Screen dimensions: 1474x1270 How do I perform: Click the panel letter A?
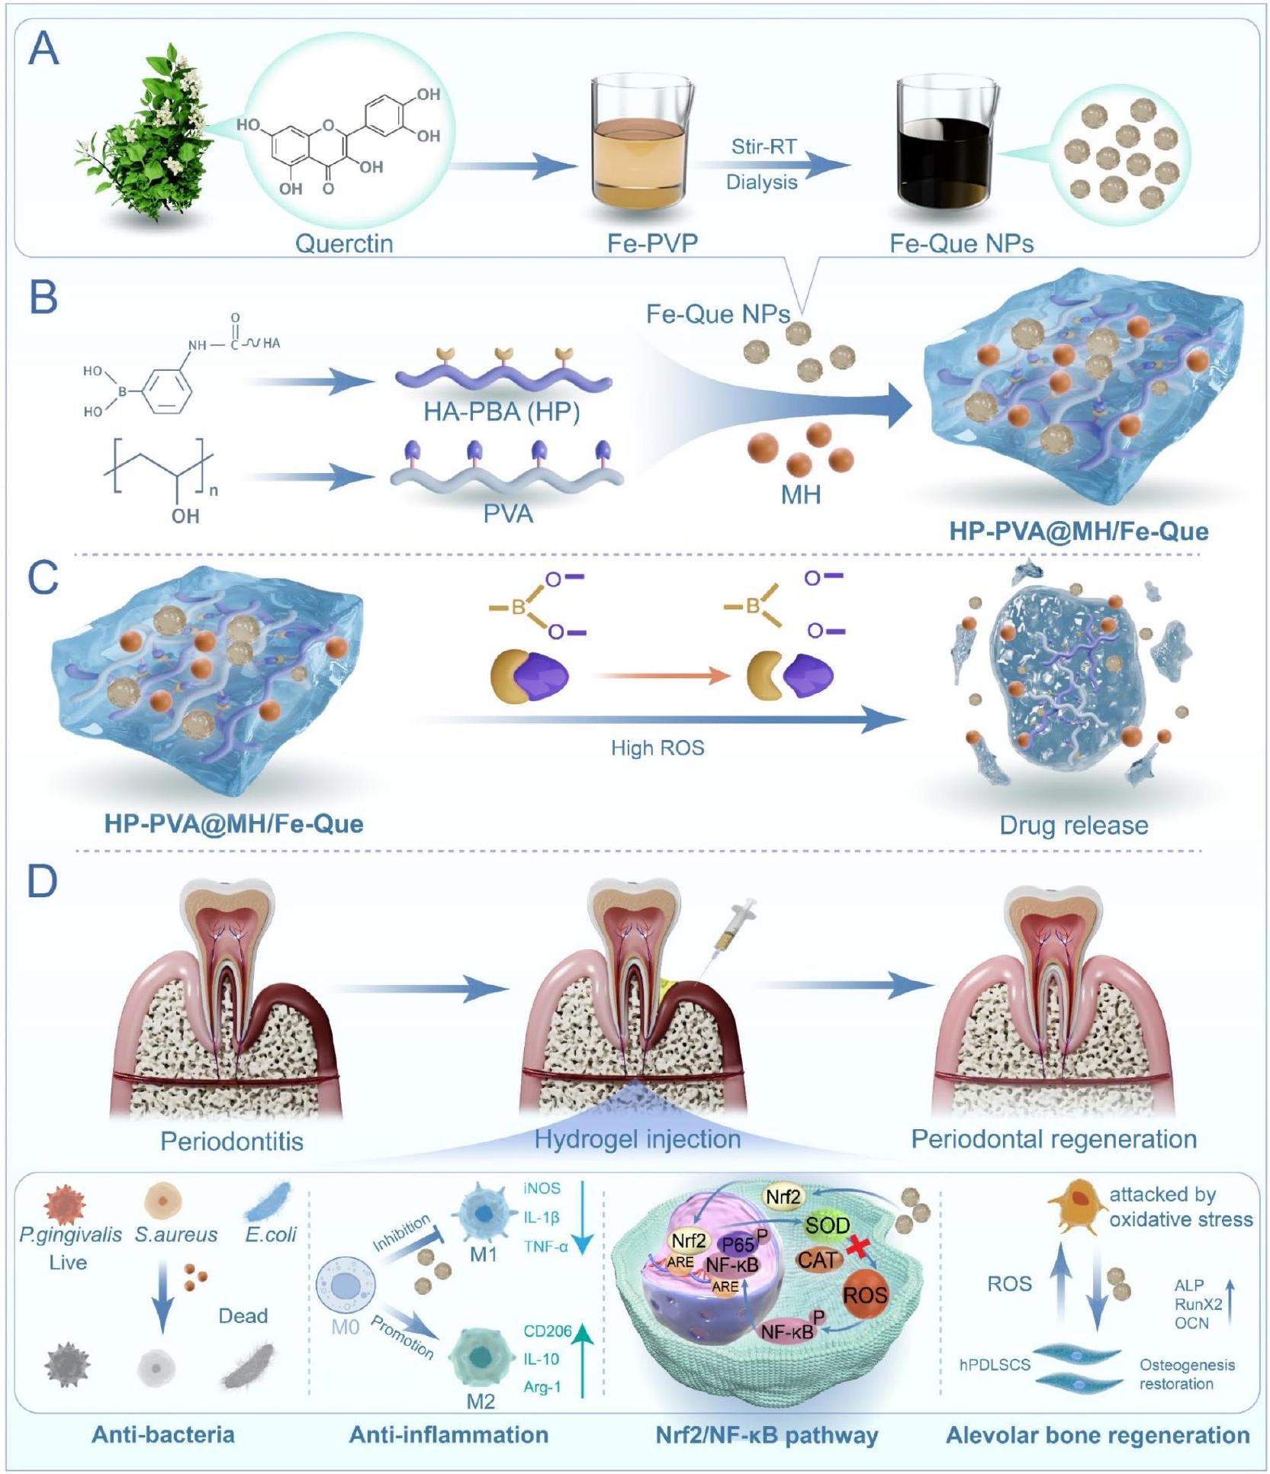[x=43, y=51]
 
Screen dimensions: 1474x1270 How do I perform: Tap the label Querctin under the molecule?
[x=344, y=243]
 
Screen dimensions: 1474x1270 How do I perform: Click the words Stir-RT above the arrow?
[x=764, y=146]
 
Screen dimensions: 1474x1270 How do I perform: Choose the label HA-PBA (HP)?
[x=501, y=412]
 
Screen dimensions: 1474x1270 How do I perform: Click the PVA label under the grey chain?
[x=508, y=513]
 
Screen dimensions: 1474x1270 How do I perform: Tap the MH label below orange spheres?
[x=801, y=495]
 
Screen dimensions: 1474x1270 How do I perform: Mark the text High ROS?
[x=658, y=748]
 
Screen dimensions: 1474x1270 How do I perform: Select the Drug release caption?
[x=1073, y=825]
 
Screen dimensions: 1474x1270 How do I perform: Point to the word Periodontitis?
[x=232, y=1141]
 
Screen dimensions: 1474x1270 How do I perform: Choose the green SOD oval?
[x=828, y=1227]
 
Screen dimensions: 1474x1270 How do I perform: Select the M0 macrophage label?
[x=345, y=1327]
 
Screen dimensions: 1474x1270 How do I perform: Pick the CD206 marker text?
[x=547, y=1331]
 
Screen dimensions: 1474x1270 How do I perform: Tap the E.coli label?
[x=271, y=1234]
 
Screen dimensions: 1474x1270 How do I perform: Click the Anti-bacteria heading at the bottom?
[x=163, y=1435]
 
